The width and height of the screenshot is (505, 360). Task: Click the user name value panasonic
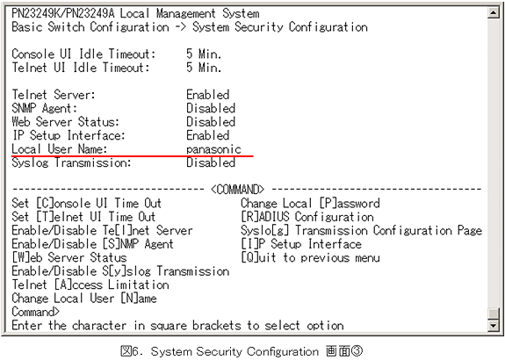click(213, 149)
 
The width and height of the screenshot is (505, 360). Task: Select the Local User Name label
click(59, 149)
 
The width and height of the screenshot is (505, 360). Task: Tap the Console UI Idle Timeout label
click(83, 54)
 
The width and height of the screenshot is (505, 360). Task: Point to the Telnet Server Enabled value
click(208, 95)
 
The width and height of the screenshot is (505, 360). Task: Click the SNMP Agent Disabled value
click(211, 109)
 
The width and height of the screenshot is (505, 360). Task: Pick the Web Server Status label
click(65, 122)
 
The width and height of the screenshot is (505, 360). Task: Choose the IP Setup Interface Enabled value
click(208, 135)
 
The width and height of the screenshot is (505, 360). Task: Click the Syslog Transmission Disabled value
click(211, 162)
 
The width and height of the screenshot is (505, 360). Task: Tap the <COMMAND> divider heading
click(238, 190)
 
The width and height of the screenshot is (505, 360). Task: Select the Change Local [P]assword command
click(310, 203)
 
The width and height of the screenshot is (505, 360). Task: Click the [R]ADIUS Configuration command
click(307, 217)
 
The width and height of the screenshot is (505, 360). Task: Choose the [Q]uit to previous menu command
click(310, 257)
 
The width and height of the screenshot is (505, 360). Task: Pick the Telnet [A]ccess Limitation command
click(90, 284)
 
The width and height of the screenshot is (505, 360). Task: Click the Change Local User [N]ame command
click(84, 299)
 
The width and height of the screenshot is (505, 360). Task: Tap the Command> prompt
click(35, 312)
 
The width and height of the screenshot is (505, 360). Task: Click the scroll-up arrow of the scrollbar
click(494, 12)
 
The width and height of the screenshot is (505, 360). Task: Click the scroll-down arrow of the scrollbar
click(494, 325)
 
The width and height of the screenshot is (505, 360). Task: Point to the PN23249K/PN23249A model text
click(63, 14)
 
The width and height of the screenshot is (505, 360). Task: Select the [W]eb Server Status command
click(69, 257)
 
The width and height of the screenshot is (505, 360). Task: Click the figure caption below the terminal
click(242, 351)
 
